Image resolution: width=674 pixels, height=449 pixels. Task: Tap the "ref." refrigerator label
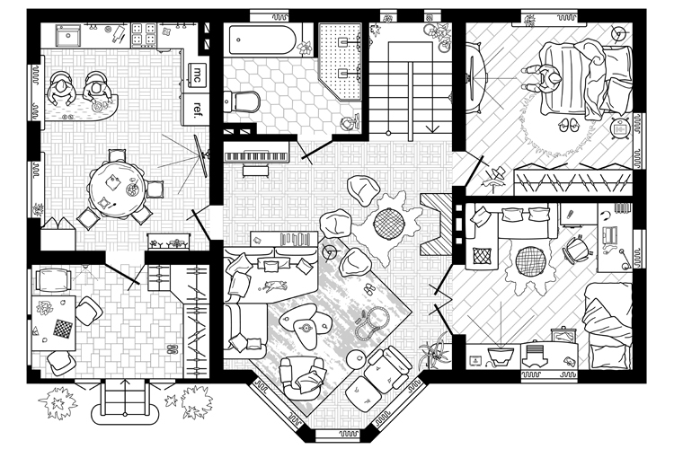[x=198, y=110]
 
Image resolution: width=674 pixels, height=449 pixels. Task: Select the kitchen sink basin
[x=68, y=35]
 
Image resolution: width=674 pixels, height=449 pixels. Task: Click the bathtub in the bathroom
[x=262, y=40]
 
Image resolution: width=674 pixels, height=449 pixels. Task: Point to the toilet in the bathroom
[x=242, y=101]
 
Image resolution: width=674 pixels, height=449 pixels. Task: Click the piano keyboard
[x=257, y=156]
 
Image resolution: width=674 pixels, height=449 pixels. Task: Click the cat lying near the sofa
[x=274, y=286]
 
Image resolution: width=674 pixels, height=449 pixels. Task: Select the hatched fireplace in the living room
[x=436, y=224]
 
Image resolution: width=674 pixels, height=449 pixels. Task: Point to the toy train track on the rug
[x=372, y=323]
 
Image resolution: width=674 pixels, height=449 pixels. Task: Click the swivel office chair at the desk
[x=577, y=249]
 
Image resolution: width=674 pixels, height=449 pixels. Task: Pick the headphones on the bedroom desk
[x=605, y=216]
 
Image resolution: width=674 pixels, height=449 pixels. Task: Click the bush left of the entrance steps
[x=58, y=403]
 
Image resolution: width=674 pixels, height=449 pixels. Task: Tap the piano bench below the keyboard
[x=256, y=172]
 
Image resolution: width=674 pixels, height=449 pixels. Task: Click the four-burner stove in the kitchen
[x=144, y=34]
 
